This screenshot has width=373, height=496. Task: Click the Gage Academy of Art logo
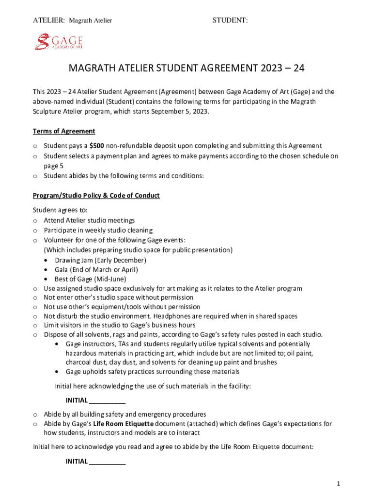[x=58, y=42]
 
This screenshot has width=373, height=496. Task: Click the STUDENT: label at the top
[x=230, y=20]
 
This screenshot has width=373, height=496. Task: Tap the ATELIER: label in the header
[x=48, y=20]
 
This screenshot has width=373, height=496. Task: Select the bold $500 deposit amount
[x=96, y=146]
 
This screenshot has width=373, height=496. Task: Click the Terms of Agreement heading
[x=64, y=131]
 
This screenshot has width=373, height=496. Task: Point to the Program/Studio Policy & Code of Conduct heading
[x=96, y=196]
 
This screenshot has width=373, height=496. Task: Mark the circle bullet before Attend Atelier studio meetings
[x=35, y=221]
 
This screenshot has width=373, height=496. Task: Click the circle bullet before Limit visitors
[x=35, y=325]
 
